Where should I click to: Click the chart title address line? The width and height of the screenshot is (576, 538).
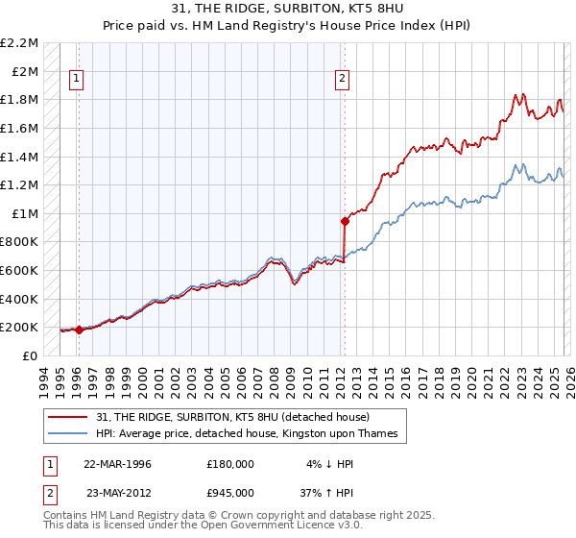(288, 9)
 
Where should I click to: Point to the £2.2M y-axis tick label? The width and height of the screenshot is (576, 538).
(20, 43)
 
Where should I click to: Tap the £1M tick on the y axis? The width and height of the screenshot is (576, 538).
(26, 213)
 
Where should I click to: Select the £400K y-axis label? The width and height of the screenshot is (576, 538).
(20, 299)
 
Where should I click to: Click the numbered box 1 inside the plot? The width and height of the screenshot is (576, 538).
(77, 80)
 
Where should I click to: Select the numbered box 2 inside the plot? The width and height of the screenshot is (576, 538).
(343, 80)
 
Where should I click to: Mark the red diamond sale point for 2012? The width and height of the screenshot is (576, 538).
(344, 220)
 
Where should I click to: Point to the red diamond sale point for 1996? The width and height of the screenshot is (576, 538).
(78, 330)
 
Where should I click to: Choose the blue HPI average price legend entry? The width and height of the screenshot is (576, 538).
(252, 434)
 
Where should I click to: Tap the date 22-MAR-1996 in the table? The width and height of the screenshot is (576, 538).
(117, 463)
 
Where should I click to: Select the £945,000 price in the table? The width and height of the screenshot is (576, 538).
(230, 492)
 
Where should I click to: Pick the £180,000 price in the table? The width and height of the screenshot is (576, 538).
(230, 463)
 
